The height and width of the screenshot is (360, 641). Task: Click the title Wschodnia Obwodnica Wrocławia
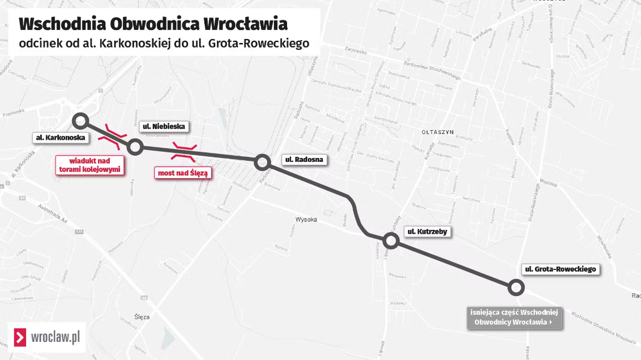coord(153,24)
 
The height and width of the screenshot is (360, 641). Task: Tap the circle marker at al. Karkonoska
coord(80,120)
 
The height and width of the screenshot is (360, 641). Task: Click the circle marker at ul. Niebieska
coord(135,147)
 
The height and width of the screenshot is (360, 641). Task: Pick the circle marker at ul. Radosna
coord(262,162)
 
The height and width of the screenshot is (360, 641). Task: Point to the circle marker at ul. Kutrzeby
coord(391,241)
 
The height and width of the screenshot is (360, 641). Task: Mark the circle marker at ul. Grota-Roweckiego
coord(515,287)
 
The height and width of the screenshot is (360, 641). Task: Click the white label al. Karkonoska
coord(60,138)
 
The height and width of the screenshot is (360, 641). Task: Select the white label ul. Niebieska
coord(164,126)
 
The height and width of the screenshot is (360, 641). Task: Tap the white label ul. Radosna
coord(304,160)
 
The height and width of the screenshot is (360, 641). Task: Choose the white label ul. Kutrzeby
coord(428,232)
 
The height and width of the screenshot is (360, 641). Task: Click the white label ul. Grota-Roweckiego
coord(560,269)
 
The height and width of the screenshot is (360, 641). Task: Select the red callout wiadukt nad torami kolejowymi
coord(91,164)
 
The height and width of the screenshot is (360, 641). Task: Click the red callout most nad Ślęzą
coord(182,173)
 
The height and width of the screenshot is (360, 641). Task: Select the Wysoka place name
coord(306,219)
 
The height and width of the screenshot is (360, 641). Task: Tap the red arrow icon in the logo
coord(20,338)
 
